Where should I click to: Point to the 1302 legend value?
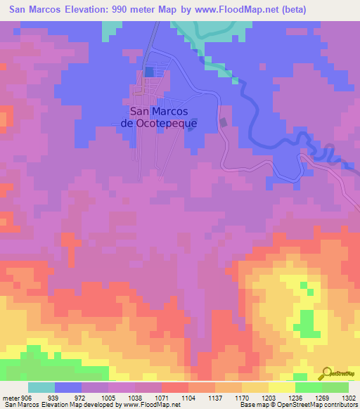point(347,397)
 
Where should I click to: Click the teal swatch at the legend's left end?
point(41,387)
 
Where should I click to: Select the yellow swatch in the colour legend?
point(281,387)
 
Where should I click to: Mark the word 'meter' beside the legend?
point(11,397)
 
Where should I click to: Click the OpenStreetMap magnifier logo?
point(325,372)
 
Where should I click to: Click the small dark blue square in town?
point(149,72)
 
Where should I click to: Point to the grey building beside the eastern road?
point(224,122)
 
